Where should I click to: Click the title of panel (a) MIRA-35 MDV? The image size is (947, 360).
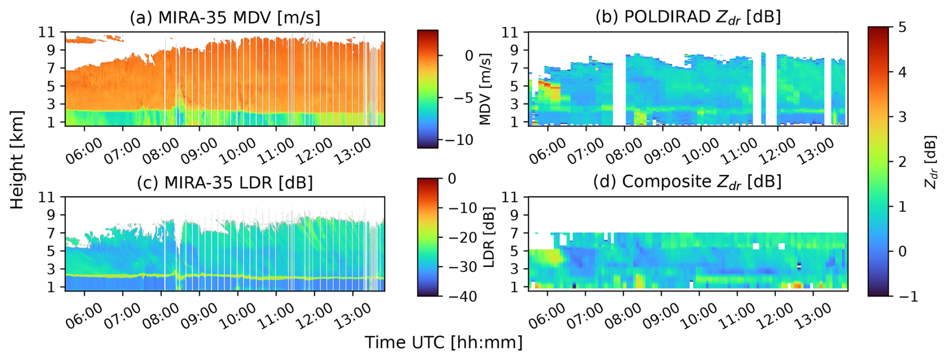tap(225, 18)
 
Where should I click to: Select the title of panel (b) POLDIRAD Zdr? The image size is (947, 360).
tap(688, 17)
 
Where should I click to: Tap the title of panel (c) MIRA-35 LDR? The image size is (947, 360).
tap(225, 183)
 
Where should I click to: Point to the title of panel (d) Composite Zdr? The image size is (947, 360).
tap(687, 182)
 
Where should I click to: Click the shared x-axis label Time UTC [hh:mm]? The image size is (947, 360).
tap(443, 342)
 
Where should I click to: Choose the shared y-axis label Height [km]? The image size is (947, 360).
tap(17, 160)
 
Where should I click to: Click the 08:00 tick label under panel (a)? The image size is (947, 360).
tap(161, 150)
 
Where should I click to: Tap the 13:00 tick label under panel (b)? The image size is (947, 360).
tap(815, 150)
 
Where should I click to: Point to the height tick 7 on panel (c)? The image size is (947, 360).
tap(50, 233)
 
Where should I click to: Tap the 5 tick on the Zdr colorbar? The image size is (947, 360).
tap(902, 27)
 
